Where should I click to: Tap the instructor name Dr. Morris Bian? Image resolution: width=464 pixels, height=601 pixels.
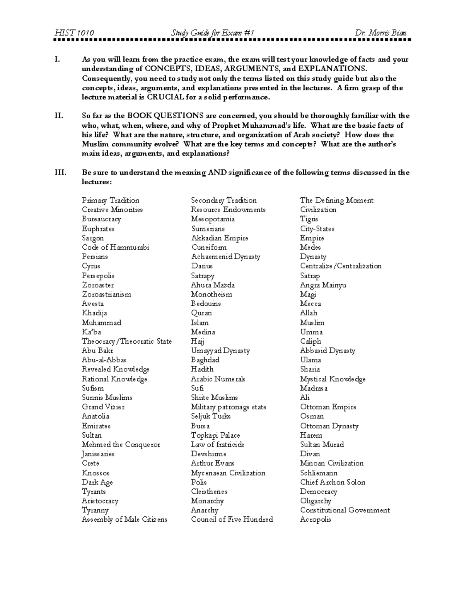[380, 33]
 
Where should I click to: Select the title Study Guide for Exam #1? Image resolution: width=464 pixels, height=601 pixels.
[213, 33]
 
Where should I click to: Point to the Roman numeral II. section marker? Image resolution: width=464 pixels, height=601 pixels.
[59, 116]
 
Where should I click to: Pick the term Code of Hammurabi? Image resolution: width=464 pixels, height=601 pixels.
[115, 247]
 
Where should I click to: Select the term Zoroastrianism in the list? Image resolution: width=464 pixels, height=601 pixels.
[106, 295]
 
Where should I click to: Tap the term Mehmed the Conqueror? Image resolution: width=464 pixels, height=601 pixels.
[121, 445]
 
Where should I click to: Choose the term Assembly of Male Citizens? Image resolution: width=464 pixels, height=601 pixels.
[125, 520]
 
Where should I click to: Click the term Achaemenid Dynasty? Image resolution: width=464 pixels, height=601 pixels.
[225, 257]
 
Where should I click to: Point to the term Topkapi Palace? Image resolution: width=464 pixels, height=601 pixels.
[215, 435]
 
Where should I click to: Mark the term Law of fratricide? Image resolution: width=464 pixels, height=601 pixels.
[218, 445]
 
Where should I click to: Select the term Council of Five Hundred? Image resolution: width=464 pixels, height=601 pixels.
[232, 520]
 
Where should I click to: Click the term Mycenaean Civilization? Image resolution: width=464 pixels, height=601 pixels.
[228, 473]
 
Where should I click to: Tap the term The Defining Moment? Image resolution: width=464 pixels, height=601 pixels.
[337, 200]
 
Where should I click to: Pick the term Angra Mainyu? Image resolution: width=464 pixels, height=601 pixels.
[323, 285]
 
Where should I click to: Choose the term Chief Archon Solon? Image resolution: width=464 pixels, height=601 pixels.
[333, 482]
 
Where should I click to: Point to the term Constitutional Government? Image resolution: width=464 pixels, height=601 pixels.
[345, 510]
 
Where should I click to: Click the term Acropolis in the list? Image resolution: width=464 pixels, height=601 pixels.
[316, 520]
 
